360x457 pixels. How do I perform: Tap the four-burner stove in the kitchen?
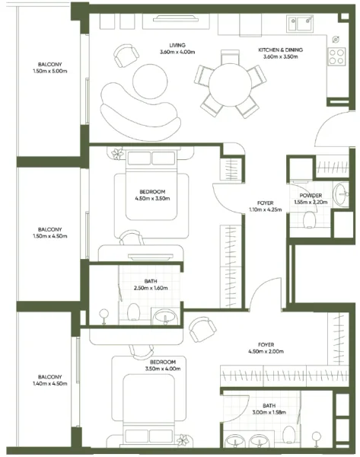tap(335, 55)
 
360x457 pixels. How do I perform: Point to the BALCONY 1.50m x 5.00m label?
tap(50, 68)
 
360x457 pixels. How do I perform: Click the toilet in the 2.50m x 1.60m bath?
tap(133, 312)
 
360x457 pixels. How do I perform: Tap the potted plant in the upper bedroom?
tap(117, 155)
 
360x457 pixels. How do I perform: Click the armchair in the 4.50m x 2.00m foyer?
tap(201, 329)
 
